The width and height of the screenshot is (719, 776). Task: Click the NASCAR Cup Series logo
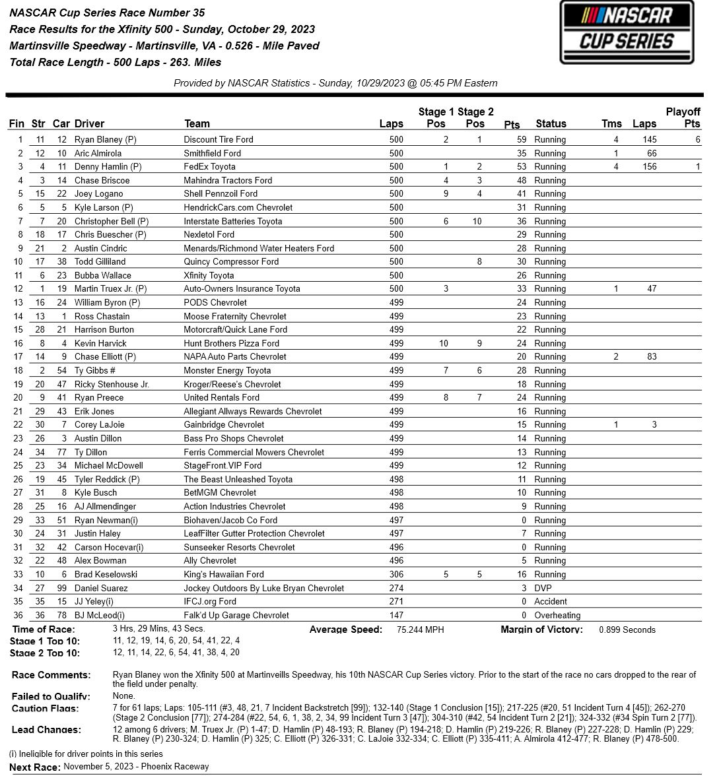click(627, 32)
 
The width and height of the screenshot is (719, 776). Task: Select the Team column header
click(197, 123)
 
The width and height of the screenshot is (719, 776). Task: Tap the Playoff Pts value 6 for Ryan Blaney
click(697, 139)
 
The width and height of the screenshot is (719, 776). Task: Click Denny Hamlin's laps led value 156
click(649, 167)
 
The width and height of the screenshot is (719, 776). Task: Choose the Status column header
click(551, 123)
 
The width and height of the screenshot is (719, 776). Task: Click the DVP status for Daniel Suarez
click(543, 588)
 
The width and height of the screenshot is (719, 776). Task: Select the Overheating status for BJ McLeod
click(557, 615)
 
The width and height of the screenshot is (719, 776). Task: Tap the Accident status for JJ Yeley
click(551, 601)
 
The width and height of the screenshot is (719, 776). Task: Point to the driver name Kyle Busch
click(96, 492)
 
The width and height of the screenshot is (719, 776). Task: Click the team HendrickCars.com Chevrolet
click(238, 207)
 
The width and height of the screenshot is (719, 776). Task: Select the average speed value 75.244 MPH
click(420, 630)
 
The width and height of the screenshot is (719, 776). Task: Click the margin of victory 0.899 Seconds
click(627, 630)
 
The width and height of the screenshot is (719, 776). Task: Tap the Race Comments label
click(51, 675)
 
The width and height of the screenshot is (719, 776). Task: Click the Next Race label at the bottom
click(35, 767)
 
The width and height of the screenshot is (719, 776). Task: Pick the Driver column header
click(89, 123)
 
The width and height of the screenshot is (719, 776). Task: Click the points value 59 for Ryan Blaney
click(522, 139)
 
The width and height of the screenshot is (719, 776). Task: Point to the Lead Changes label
click(46, 730)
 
